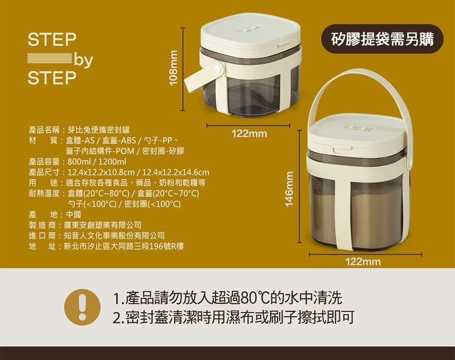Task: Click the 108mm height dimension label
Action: [173, 68]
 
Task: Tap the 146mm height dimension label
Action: [289, 189]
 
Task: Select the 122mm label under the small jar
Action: [249, 134]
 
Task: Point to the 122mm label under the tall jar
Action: [363, 262]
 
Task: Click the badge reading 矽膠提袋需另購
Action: [383, 39]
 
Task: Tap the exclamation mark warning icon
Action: [82, 307]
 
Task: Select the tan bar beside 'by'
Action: [50, 58]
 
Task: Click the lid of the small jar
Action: [250, 32]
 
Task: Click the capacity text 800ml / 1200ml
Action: [96, 162]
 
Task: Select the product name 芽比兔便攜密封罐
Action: [99, 130]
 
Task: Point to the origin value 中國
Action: [73, 215]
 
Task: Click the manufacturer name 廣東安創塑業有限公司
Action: [102, 225]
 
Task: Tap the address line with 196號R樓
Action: [124, 246]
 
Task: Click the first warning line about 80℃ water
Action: [228, 298]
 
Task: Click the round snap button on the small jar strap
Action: [217, 69]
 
